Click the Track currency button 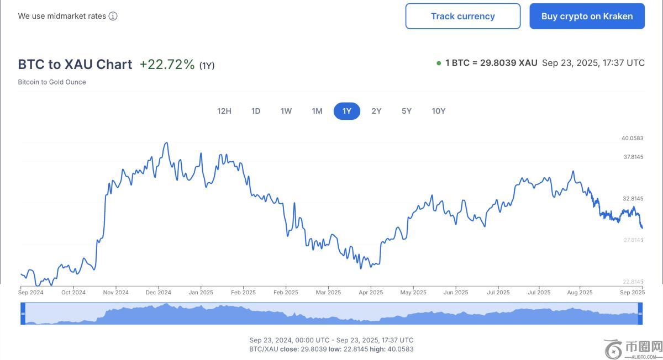(462, 16)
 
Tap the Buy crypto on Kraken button (587, 16)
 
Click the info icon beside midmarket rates (113, 16)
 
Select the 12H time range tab (224, 111)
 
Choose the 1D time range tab (256, 111)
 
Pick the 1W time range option (286, 111)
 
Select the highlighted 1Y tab (346, 111)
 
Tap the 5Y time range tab (407, 111)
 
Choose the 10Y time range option (439, 111)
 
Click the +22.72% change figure (167, 65)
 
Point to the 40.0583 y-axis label (633, 138)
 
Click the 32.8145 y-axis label (633, 198)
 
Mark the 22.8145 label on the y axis (633, 282)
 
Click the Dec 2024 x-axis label (158, 293)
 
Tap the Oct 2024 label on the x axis (73, 293)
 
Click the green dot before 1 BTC (439, 63)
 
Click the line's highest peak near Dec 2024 (167, 142)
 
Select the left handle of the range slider (23, 314)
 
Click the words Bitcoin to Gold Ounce (52, 82)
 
